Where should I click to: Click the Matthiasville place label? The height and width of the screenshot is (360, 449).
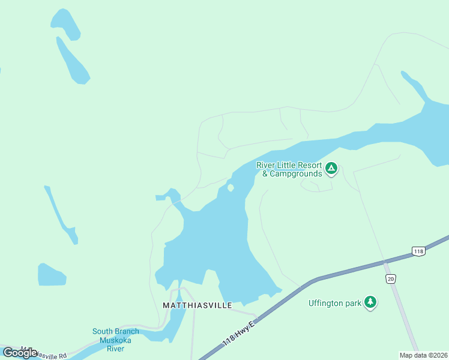point(197,305)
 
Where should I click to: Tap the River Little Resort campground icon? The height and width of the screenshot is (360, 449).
point(331,169)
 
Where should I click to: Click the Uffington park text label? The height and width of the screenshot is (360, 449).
point(335,303)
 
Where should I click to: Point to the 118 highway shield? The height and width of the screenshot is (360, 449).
point(418,251)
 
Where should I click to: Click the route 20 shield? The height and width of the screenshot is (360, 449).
point(391,279)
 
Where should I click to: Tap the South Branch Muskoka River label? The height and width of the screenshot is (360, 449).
point(115,340)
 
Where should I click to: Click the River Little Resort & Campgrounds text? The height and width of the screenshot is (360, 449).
point(288,169)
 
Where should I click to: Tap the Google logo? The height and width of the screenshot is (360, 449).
point(20,352)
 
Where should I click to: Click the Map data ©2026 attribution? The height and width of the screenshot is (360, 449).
point(424,355)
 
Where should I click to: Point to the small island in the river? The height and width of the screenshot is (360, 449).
point(231,188)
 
